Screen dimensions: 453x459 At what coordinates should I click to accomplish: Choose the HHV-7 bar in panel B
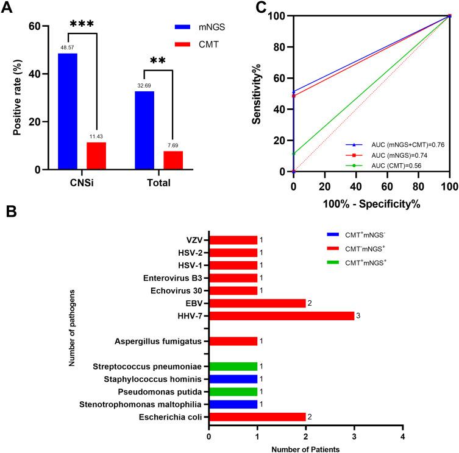pos(281,315)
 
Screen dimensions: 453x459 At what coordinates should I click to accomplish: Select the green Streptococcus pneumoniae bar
pos(233,367)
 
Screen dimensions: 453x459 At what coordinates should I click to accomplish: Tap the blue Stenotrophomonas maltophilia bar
pos(233,404)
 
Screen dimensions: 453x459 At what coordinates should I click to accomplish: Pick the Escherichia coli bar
pos(257,417)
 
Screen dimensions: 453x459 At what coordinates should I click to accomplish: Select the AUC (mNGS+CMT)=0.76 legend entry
pos(396,144)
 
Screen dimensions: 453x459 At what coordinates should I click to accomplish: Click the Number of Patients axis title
pos(305,448)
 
